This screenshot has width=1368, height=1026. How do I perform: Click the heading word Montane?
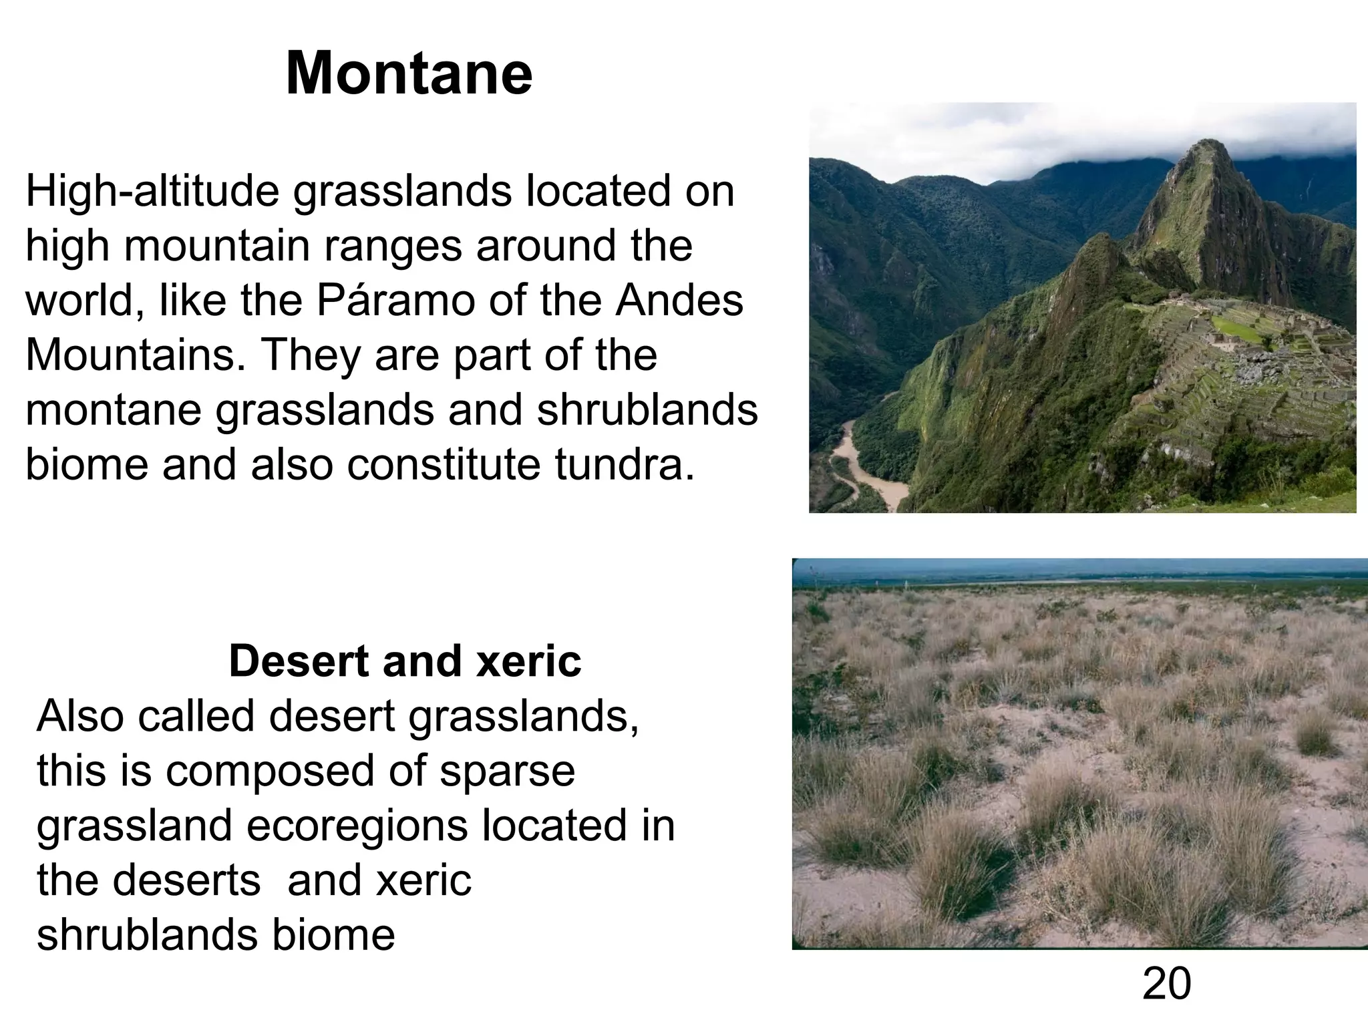coord(409,73)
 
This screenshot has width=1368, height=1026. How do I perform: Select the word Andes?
coord(679,301)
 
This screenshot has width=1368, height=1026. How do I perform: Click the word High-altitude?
coord(152,192)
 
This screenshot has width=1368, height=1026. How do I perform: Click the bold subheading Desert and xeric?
coord(405,661)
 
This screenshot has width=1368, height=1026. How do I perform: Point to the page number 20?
coord(1166,984)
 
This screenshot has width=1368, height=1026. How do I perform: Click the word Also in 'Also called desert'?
coord(80,716)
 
